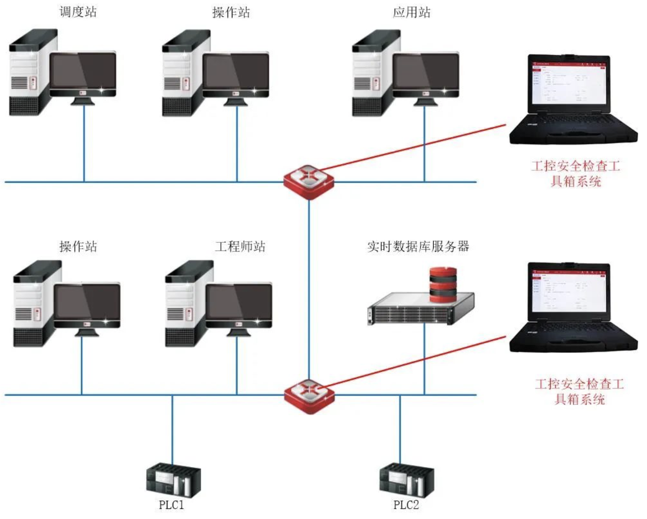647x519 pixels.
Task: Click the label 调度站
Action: point(78,12)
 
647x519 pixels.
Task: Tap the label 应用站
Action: point(412,12)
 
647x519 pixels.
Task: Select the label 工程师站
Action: point(240,246)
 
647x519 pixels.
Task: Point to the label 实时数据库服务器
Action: point(418,246)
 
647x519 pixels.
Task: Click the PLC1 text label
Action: point(171,505)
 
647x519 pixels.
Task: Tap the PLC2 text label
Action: point(406,505)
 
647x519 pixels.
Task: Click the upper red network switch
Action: point(308,182)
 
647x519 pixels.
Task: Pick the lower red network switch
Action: point(309,396)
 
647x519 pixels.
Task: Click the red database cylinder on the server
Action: point(443,284)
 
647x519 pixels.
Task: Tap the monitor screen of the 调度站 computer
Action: point(83,71)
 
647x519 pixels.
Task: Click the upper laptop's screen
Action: point(570,83)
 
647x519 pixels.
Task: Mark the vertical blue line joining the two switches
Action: point(309,289)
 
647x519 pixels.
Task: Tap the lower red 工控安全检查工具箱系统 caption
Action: point(579,391)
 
